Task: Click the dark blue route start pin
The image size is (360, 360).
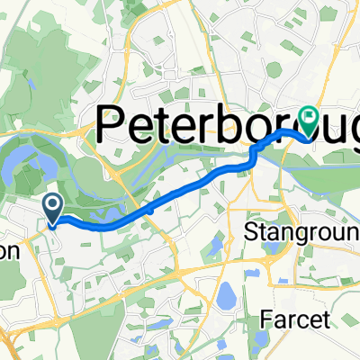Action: (x=53, y=210)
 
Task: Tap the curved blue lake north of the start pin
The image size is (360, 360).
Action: (x=27, y=166)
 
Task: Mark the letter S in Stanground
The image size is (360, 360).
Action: (x=252, y=233)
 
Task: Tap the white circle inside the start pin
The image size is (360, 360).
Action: (x=53, y=206)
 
